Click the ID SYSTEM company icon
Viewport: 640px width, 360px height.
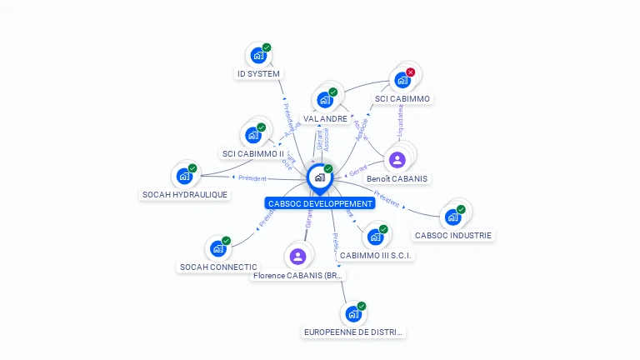click(257, 56)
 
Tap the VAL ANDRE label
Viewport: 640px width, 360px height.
click(325, 119)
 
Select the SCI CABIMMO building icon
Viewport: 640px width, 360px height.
click(402, 81)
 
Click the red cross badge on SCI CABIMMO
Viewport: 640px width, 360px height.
click(410, 72)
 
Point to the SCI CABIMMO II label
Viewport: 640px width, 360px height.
click(253, 153)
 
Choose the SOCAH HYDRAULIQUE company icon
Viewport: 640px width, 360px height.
click(183, 177)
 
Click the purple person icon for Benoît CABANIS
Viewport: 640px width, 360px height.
click(397, 160)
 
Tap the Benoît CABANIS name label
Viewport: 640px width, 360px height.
click(397, 178)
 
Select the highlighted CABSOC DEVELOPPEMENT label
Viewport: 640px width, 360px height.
click(320, 203)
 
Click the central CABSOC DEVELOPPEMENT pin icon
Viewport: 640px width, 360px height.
click(319, 177)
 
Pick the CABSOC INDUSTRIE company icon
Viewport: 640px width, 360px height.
click(452, 217)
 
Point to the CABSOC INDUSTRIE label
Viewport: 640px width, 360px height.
click(453, 236)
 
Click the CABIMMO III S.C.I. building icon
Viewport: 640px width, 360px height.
click(375, 237)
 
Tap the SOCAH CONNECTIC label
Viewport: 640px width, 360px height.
click(218, 267)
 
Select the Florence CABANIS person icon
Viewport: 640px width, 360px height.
click(297, 256)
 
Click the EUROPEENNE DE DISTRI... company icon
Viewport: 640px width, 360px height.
click(353, 314)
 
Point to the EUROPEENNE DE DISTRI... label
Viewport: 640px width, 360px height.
click(353, 332)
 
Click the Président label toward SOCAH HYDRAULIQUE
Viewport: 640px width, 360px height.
click(252, 177)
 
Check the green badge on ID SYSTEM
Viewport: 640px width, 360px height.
click(267, 47)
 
